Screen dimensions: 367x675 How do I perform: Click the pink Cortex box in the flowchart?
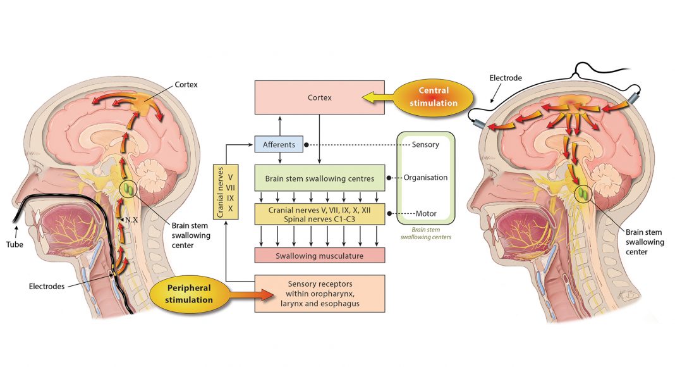(x=319, y=97)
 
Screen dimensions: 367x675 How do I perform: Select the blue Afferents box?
(x=279, y=145)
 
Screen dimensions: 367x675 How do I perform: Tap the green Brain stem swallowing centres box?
(x=319, y=178)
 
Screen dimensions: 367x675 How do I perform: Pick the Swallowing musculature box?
(x=319, y=256)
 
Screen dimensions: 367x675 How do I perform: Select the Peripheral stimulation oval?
(x=190, y=294)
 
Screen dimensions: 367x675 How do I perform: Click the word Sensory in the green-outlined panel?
(x=425, y=145)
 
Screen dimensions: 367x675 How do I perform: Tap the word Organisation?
(x=425, y=178)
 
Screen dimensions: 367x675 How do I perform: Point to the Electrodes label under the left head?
(x=47, y=287)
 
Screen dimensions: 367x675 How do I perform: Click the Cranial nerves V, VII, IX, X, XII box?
(x=319, y=213)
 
